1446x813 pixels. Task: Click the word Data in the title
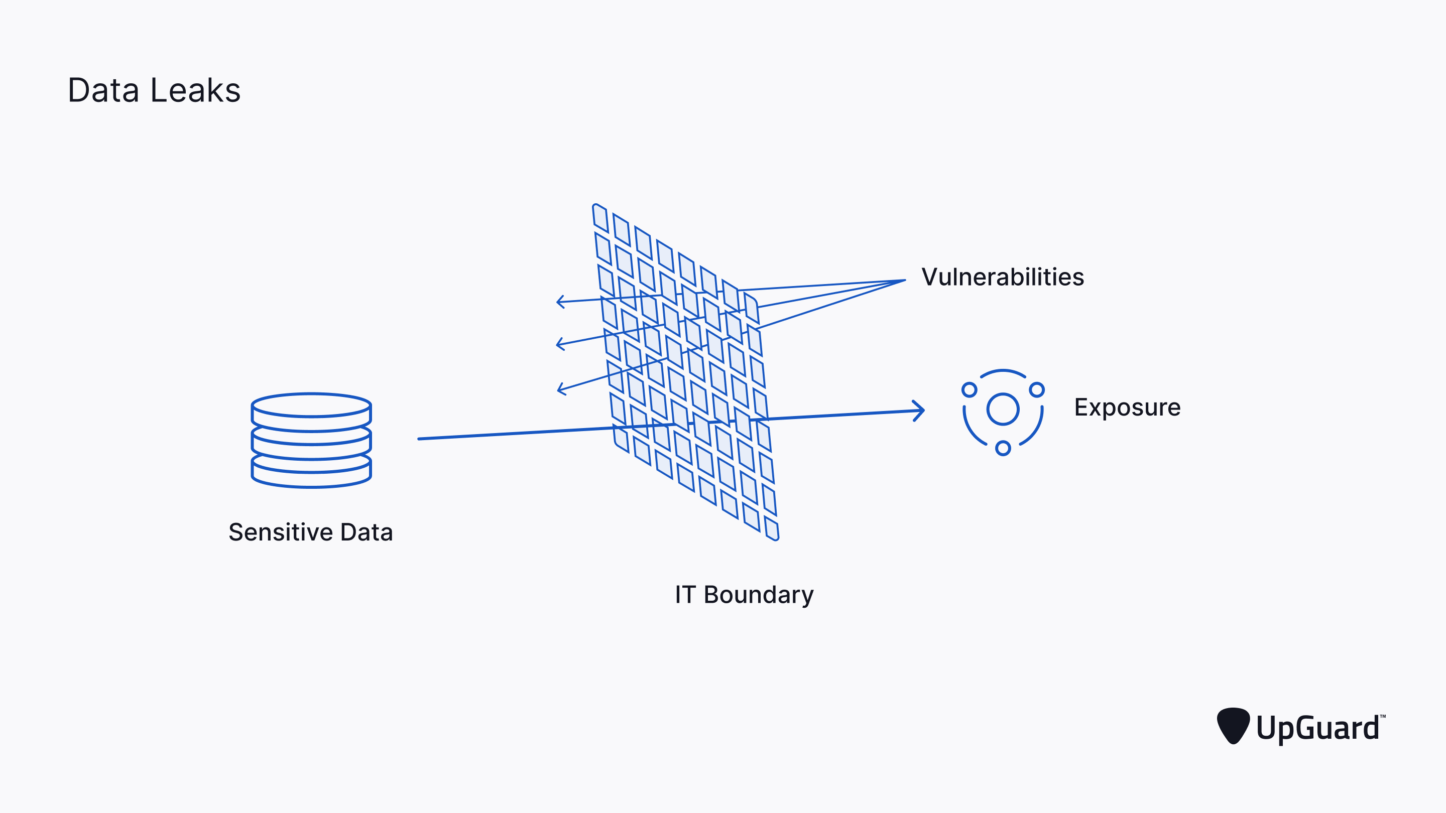click(103, 90)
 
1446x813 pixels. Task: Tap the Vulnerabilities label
click(1003, 277)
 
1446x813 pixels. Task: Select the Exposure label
click(1127, 408)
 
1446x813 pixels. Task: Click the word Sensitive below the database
click(281, 532)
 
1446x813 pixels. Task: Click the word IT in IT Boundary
click(685, 595)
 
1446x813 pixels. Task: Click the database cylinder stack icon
click(311, 441)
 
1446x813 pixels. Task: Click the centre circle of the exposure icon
click(1003, 409)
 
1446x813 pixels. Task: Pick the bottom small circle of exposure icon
click(1003, 448)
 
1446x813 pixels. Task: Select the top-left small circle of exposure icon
click(970, 389)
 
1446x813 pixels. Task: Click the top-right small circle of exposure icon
click(1037, 389)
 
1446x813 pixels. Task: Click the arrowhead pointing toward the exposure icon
click(919, 411)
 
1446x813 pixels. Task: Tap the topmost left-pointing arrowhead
click(560, 302)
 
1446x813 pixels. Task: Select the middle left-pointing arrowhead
click(560, 343)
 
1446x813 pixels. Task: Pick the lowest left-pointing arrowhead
click(561, 388)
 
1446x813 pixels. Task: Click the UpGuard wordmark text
click(1317, 728)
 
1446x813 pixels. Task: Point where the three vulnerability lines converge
click(904, 281)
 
